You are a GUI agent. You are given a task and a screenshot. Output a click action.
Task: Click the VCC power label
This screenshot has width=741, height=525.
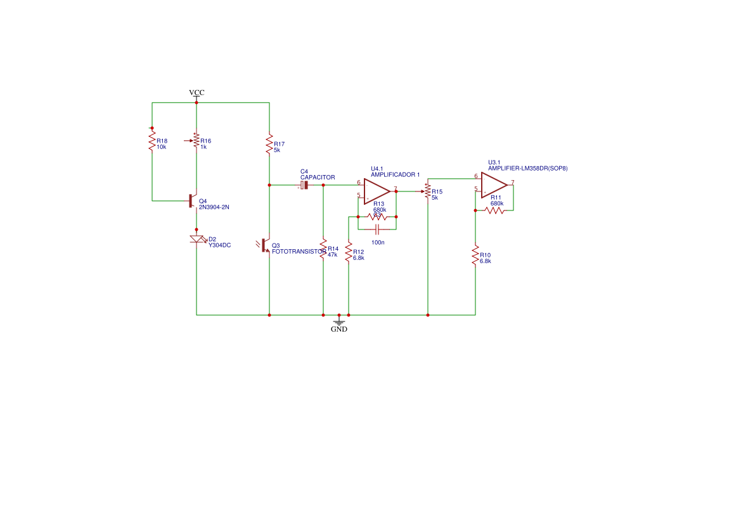pyautogui.click(x=197, y=93)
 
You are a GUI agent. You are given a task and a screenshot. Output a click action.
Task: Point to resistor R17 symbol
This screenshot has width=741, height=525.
pyautogui.click(x=269, y=144)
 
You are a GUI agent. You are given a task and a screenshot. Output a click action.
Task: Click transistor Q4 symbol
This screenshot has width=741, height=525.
pyautogui.click(x=193, y=201)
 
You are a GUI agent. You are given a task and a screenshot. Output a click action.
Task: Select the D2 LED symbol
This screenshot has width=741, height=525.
pyautogui.click(x=197, y=239)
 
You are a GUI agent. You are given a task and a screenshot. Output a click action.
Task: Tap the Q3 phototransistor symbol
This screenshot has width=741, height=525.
pyautogui.click(x=266, y=245)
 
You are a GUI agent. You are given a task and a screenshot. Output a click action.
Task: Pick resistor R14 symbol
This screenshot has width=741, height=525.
pyautogui.click(x=323, y=249)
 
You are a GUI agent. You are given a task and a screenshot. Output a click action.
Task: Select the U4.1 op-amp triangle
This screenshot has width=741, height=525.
pyautogui.click(x=377, y=191)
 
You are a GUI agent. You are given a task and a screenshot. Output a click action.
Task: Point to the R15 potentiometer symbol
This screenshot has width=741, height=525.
pyautogui.click(x=427, y=191)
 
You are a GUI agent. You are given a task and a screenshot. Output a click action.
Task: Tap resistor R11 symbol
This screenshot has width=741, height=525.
pyautogui.click(x=494, y=210)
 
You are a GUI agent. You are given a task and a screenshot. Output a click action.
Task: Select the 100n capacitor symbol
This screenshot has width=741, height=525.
pyautogui.click(x=377, y=230)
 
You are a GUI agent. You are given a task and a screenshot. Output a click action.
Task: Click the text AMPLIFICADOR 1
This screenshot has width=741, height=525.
pyautogui.click(x=395, y=174)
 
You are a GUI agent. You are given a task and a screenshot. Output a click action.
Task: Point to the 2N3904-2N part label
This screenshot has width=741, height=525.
pyautogui.click(x=214, y=207)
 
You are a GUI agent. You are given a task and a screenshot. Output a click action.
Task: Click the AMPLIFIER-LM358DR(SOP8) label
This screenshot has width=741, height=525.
pyautogui.click(x=527, y=168)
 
